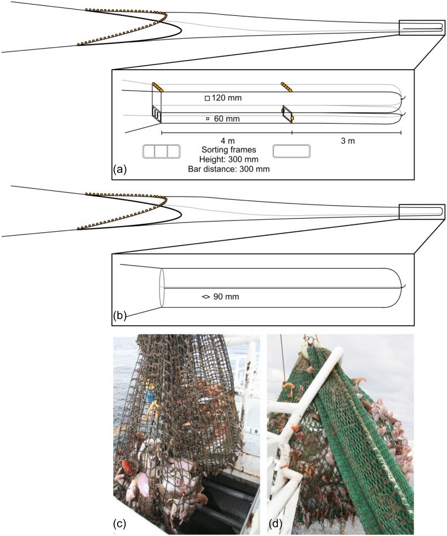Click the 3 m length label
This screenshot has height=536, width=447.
[x=347, y=141]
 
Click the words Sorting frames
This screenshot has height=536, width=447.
[x=229, y=150]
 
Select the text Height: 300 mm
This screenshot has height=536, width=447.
[x=229, y=159]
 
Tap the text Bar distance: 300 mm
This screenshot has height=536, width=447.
[x=229, y=169]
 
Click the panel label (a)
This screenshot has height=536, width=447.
[x=119, y=169]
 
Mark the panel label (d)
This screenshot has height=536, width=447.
[x=275, y=523]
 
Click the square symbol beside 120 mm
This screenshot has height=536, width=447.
[x=207, y=99]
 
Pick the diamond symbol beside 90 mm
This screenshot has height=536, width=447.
[x=205, y=297]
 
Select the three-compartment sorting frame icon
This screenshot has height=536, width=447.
[x=161, y=151]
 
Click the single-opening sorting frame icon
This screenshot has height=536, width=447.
[x=291, y=151]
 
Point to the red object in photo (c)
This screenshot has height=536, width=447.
[x=128, y=467]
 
